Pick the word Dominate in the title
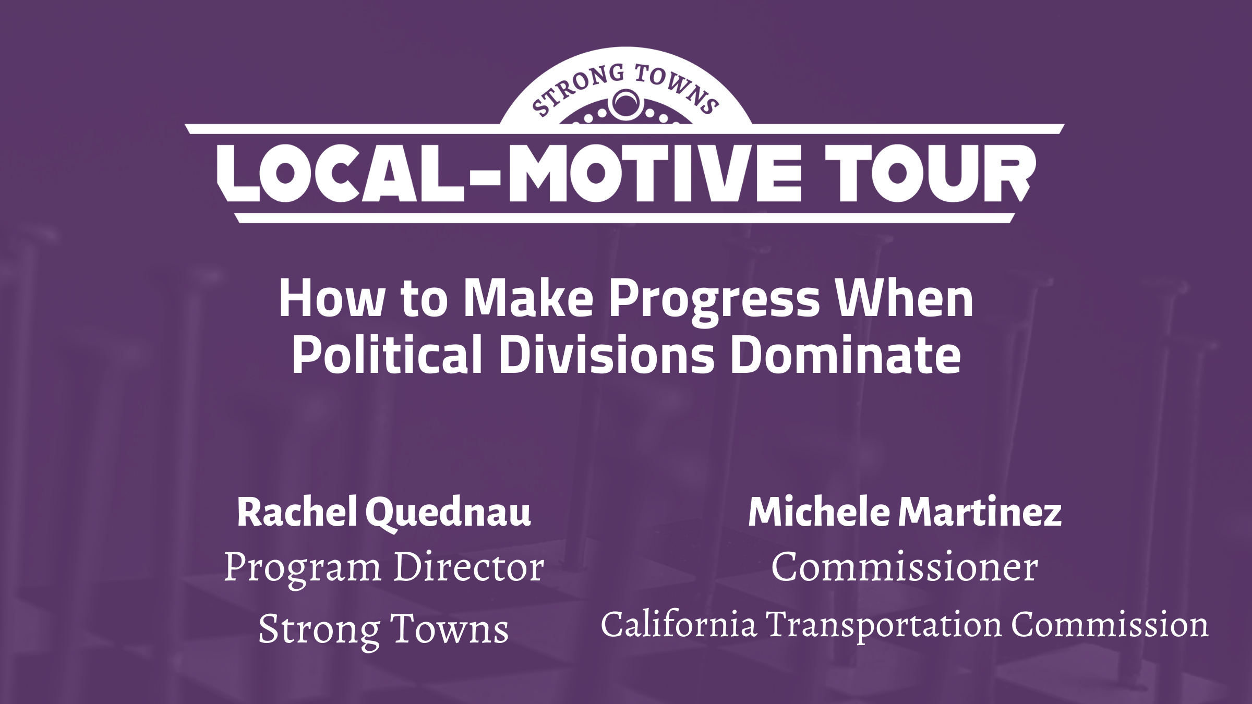click(x=845, y=355)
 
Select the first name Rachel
click(x=297, y=512)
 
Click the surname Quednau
click(x=448, y=513)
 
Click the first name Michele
click(x=818, y=512)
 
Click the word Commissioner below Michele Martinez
click(x=905, y=567)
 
